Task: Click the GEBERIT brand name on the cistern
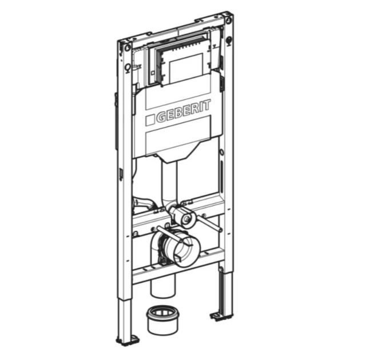(184, 111)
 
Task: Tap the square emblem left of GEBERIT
(150, 121)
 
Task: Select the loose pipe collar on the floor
(162, 320)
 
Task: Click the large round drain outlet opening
(183, 250)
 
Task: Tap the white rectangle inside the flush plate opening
(186, 68)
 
